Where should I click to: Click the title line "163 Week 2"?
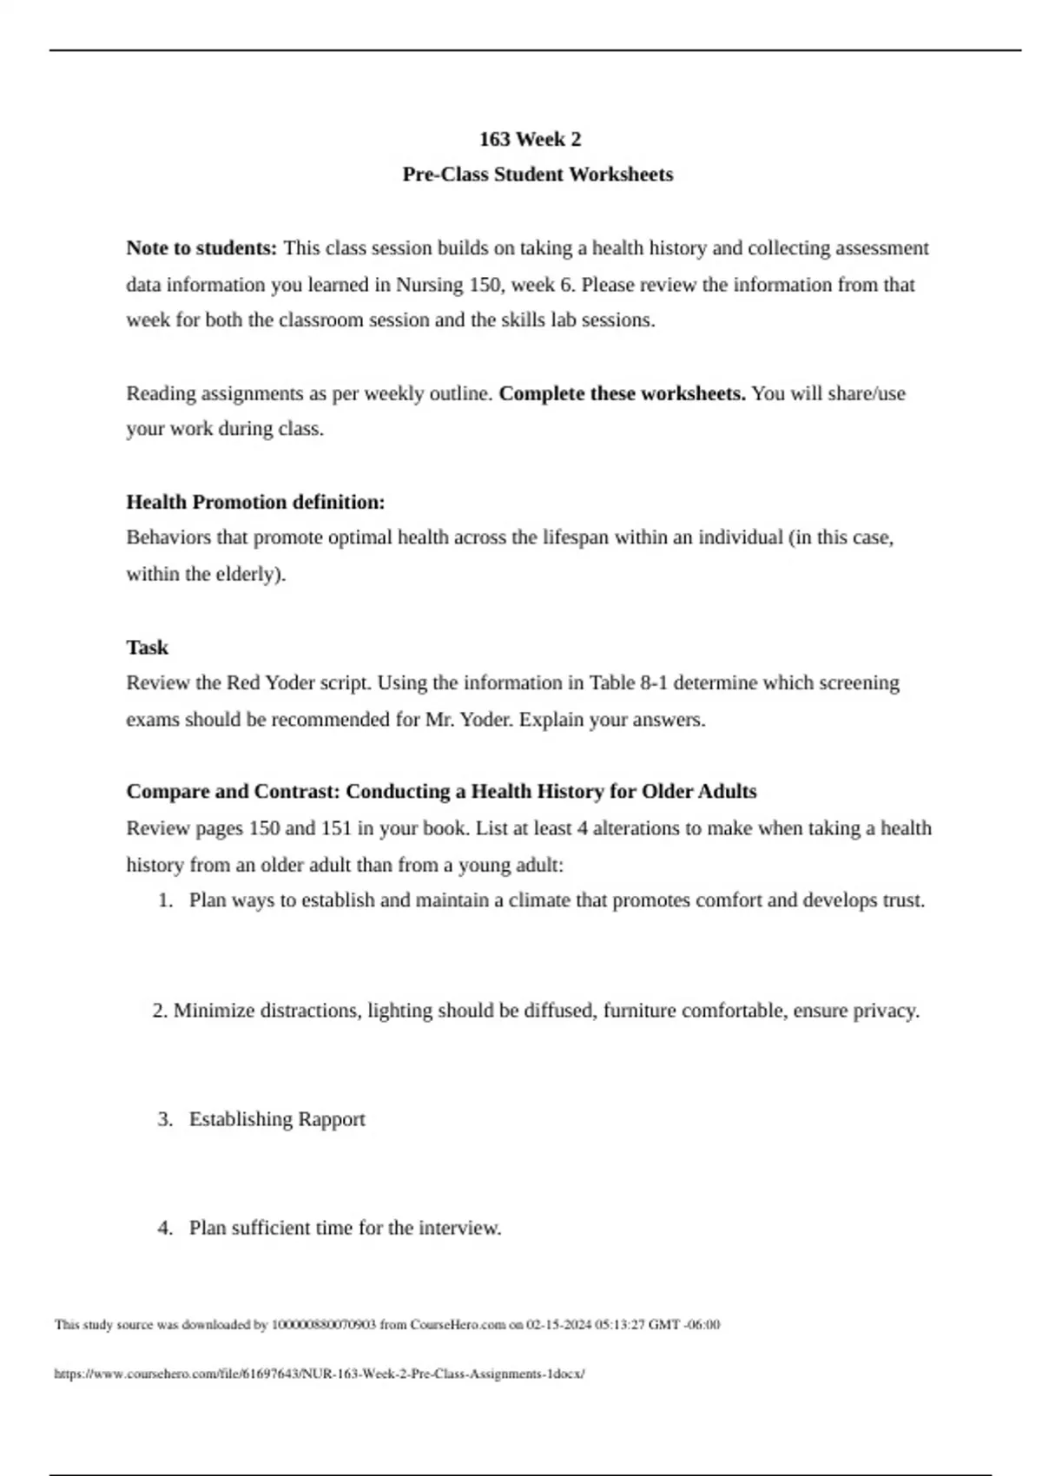tap(530, 140)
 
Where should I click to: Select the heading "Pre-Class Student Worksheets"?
tap(537, 175)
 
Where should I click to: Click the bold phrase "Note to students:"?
tap(201, 248)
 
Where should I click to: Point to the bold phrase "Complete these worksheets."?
tap(622, 394)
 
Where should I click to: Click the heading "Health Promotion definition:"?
tap(255, 503)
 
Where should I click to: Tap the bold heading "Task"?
tap(147, 648)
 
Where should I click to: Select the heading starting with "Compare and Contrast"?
tap(441, 792)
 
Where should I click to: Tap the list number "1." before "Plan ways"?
tap(166, 900)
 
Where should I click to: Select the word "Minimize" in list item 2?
tap(214, 1011)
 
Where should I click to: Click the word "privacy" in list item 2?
tap(883, 1011)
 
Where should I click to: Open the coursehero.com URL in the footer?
tap(320, 1374)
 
